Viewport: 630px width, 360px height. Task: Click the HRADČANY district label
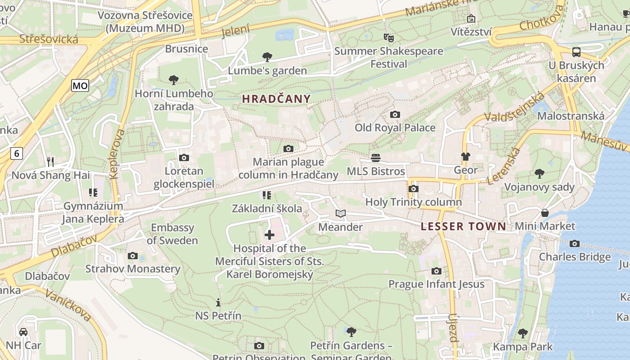coord(276,99)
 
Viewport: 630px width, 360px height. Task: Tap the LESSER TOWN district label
coord(463,226)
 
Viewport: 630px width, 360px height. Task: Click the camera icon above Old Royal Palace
coord(395,115)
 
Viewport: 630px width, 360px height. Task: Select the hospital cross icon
coord(269,235)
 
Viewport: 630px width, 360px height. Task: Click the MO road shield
coord(80,85)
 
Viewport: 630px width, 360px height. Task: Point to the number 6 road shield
coord(17,153)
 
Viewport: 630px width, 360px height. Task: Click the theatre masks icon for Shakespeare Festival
coord(388,37)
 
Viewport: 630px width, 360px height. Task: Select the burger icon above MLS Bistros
coord(376,158)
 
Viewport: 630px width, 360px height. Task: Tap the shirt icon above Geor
coord(465,157)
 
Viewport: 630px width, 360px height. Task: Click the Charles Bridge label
coord(575,257)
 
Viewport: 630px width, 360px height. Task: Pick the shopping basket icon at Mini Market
coord(545,213)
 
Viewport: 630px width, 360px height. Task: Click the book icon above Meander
coord(341,214)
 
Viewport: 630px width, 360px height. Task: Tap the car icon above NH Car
coord(23,332)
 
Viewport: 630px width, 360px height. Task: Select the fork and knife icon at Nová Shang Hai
coord(50,162)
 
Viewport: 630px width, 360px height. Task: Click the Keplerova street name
coord(117,154)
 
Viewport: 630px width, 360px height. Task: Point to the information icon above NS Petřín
coord(218,302)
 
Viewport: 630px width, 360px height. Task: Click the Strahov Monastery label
coord(133,269)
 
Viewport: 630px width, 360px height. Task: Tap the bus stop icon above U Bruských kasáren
coord(576,52)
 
